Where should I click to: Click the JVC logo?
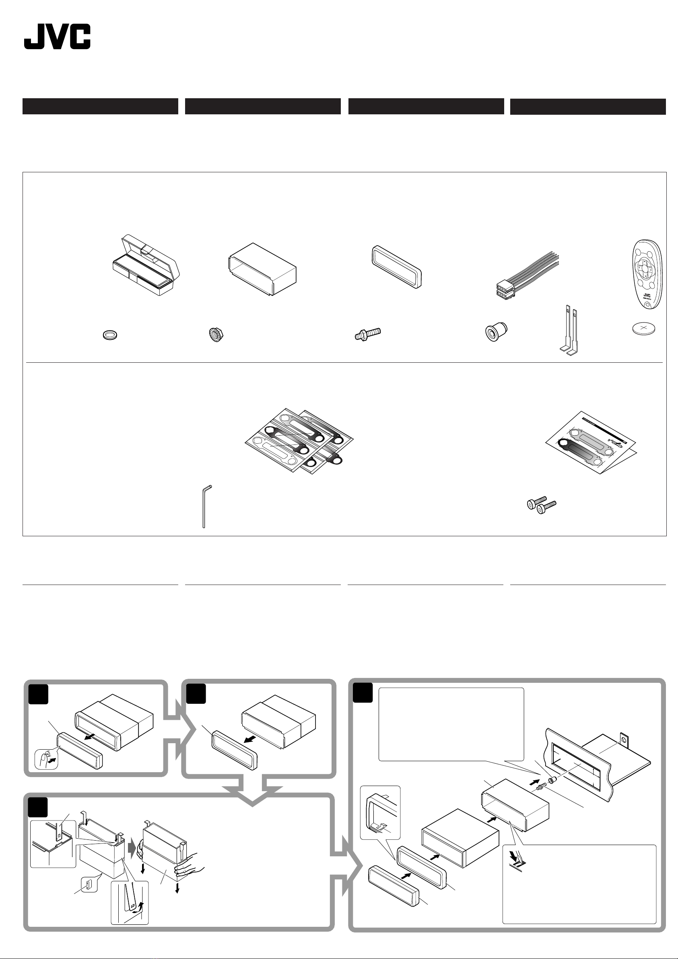pyautogui.click(x=57, y=37)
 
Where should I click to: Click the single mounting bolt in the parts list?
pyautogui.click(x=367, y=334)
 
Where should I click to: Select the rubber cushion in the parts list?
pyautogui.click(x=497, y=333)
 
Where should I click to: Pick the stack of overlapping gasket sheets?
pyautogui.click(x=299, y=440)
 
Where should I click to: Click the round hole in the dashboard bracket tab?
pyautogui.click(x=624, y=740)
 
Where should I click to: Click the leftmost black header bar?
pyautogui.click(x=100, y=106)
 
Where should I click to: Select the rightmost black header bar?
pyautogui.click(x=588, y=107)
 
